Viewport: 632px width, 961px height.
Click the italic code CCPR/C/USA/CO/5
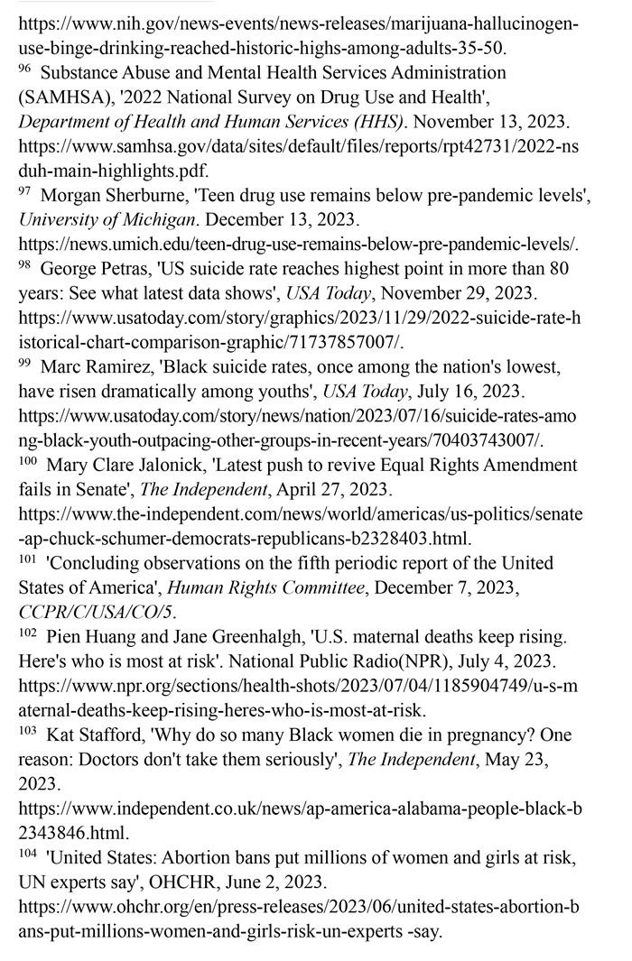click(96, 613)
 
